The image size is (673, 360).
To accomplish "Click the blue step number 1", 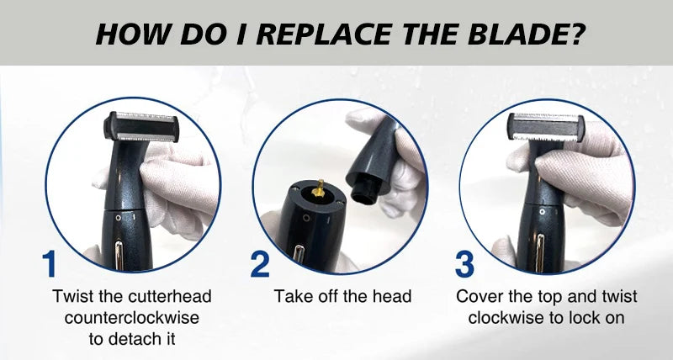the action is (49, 264).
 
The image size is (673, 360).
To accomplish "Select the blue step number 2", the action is (260, 264).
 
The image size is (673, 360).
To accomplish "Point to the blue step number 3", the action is (464, 264).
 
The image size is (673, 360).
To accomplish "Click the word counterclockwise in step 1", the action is (132, 318).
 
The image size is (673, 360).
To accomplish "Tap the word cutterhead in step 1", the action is (168, 297).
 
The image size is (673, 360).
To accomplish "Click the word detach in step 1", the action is (135, 339).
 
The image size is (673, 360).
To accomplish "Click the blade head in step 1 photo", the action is (141, 127).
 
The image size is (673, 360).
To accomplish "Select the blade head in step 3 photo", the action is (545, 127).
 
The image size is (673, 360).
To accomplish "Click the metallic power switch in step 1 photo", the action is (119, 256).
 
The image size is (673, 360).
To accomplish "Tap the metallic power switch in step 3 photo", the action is (540, 252).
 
